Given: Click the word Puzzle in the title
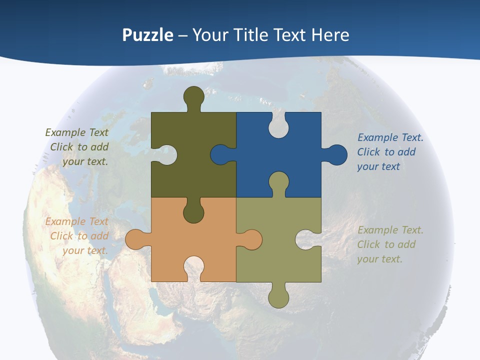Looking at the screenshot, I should click(x=147, y=35).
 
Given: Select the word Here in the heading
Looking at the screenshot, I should click(x=330, y=35).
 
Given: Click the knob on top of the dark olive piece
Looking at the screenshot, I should click(x=194, y=96).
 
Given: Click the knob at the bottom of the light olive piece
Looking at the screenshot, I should click(x=278, y=298).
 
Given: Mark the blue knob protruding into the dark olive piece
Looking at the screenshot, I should click(x=220, y=155).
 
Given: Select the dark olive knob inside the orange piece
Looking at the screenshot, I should click(x=194, y=213).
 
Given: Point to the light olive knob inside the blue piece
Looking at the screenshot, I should click(x=278, y=181).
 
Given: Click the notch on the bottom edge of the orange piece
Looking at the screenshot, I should click(x=194, y=267).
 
